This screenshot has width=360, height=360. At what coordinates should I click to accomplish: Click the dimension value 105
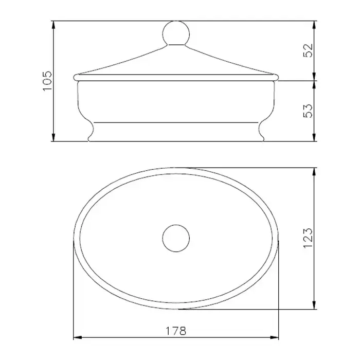coord(47,81)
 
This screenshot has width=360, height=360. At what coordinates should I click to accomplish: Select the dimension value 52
coord(308,50)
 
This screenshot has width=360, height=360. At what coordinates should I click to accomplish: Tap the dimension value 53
coord(308,111)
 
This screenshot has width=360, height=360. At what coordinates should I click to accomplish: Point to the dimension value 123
coord(308,238)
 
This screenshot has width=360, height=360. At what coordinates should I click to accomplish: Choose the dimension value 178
coord(176,331)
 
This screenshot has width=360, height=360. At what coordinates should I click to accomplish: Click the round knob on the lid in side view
coord(176,33)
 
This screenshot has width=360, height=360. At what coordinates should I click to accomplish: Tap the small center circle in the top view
coord(176,238)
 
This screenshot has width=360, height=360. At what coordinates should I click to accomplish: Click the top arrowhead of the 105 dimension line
coord(53,25)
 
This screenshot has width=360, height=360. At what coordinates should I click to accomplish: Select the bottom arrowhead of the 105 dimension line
coord(53,137)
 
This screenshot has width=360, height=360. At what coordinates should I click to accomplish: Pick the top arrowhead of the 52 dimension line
coord(314,25)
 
